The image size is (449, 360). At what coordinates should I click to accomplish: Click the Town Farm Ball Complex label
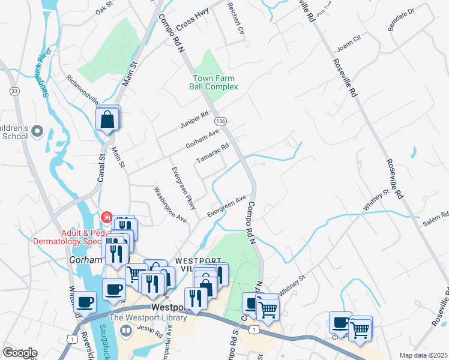coord(214,82)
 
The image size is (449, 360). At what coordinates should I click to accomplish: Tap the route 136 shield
coord(221,121)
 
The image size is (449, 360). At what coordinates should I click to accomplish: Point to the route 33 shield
coord(14,91)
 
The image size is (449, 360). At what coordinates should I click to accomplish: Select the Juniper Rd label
coord(194,120)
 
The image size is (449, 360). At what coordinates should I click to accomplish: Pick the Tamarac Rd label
coord(213,154)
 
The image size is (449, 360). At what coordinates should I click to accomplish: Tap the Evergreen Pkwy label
coord(183,188)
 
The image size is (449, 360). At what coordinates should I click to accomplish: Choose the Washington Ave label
coord(170,205)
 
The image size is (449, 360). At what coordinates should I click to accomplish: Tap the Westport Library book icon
coord(126,330)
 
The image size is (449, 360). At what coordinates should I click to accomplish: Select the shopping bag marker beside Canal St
coord(107,119)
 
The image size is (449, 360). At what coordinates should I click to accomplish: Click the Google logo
coord(20,353)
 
